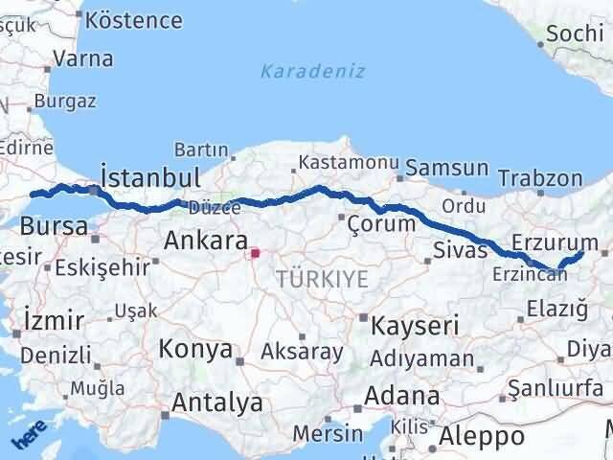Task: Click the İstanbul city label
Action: pyautogui.click(x=150, y=178)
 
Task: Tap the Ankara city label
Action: pyautogui.click(x=206, y=241)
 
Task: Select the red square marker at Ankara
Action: pyautogui.click(x=255, y=254)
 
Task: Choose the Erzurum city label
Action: pyautogui.click(x=554, y=240)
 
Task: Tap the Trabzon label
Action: pyautogui.click(x=540, y=178)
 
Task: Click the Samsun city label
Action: pyautogui.click(x=446, y=168)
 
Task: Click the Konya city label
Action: pyautogui.click(x=195, y=350)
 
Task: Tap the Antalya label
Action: pyautogui.click(x=218, y=403)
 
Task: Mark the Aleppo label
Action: pyautogui.click(x=483, y=436)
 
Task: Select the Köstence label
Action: pyautogui.click(x=133, y=20)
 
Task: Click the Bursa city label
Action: pyautogui.click(x=54, y=227)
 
